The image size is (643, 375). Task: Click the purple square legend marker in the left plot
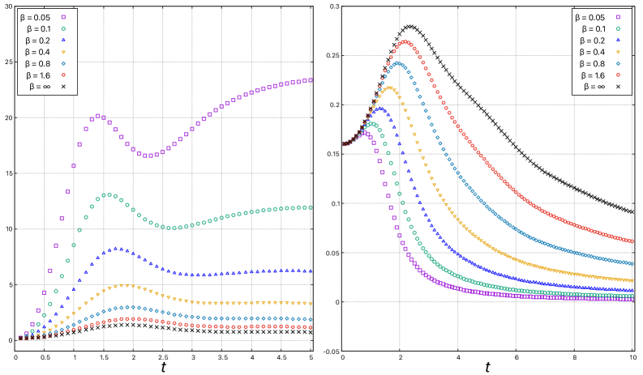click(63, 16)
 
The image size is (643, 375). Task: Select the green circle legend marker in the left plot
click(63, 28)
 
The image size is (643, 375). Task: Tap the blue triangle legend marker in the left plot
click(63, 40)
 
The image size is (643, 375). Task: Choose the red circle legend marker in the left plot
click(63, 75)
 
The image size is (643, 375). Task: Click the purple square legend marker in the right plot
click(618, 16)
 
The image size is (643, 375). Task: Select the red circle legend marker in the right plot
click(618, 75)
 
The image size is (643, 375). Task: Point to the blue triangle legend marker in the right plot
click(618, 40)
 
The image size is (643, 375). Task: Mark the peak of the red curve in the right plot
click(405, 42)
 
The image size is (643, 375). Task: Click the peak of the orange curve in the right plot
click(389, 88)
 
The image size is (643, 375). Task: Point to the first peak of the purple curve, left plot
click(97, 116)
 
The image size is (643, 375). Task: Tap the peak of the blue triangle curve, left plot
click(117, 249)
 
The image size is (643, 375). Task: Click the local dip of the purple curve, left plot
click(148, 156)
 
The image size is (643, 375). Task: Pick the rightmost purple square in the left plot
click(311, 79)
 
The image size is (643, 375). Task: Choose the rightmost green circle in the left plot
click(311, 207)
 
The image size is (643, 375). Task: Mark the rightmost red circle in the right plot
click(632, 241)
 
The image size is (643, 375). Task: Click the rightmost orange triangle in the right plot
click(632, 280)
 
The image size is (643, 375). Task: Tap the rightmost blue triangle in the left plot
click(311, 271)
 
